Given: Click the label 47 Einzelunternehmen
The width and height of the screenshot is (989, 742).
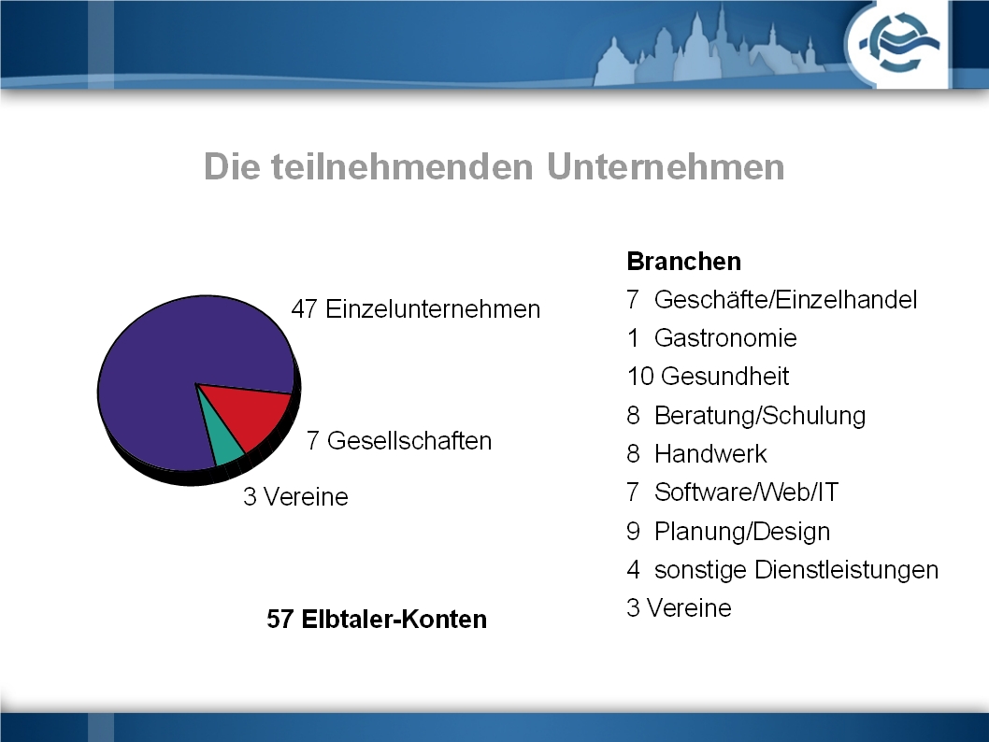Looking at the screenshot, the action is (416, 309).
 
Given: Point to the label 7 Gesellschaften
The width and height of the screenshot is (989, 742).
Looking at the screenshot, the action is (398, 441).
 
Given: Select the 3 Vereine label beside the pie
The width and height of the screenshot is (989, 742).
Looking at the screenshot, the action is (295, 497).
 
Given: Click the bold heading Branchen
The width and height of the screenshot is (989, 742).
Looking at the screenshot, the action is (683, 261).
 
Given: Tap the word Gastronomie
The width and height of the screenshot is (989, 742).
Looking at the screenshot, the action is (725, 338).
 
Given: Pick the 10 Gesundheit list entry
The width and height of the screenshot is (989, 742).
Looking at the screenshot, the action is (708, 377).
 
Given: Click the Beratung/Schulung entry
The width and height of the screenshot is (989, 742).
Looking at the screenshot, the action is (759, 416).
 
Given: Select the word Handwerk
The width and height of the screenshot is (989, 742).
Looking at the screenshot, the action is (710, 454).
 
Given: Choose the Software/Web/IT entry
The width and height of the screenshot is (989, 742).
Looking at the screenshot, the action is (746, 492).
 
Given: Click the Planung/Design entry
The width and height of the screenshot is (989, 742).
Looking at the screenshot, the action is (742, 532).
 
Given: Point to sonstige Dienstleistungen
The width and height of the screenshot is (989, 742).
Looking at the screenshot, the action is (796, 570).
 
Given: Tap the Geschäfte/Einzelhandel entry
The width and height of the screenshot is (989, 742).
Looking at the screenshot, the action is (785, 300).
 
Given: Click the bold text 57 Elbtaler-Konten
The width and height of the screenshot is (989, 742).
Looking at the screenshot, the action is (377, 619).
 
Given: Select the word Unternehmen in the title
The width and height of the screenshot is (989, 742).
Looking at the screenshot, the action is (666, 167).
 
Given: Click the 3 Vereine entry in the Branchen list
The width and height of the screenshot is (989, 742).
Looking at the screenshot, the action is (679, 608).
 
